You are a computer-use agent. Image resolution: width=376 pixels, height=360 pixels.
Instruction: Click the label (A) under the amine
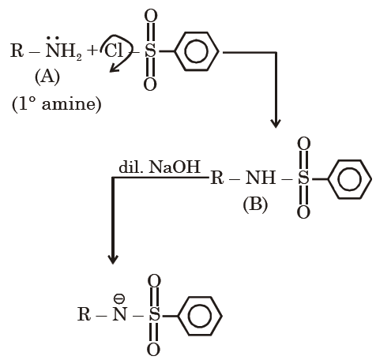(x=47, y=77)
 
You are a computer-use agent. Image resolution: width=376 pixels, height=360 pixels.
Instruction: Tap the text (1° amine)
(x=57, y=104)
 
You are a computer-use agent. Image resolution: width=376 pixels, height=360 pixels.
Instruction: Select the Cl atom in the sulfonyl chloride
(x=114, y=51)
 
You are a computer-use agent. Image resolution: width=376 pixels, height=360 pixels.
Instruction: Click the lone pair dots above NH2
(x=53, y=39)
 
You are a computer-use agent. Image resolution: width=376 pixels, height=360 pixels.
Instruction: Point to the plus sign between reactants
(x=92, y=51)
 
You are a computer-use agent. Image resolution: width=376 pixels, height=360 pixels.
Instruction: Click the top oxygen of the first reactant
(x=151, y=16)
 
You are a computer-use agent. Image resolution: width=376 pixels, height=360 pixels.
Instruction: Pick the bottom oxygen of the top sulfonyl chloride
(x=150, y=84)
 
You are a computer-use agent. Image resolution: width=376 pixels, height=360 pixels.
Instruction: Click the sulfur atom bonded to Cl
(x=150, y=51)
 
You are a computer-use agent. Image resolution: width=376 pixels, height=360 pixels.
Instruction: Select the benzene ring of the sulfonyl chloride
(x=197, y=51)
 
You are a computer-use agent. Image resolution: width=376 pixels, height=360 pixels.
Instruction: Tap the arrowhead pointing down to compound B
(x=276, y=123)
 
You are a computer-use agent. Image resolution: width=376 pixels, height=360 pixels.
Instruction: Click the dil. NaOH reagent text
(x=160, y=167)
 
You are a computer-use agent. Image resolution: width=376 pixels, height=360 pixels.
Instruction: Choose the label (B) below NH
(x=255, y=204)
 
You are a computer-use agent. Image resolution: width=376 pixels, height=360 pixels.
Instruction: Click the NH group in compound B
(x=261, y=178)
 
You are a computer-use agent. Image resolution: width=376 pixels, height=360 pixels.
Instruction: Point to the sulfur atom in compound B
(x=303, y=178)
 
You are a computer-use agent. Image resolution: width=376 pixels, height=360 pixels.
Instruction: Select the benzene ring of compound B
(x=349, y=179)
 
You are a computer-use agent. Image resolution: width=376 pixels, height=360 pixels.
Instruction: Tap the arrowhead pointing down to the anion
(x=113, y=259)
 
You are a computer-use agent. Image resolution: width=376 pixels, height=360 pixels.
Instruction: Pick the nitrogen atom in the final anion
(x=119, y=314)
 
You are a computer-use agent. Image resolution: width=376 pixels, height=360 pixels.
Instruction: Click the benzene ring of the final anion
(x=200, y=316)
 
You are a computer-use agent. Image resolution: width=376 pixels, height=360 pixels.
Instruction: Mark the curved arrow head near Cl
(x=114, y=69)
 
